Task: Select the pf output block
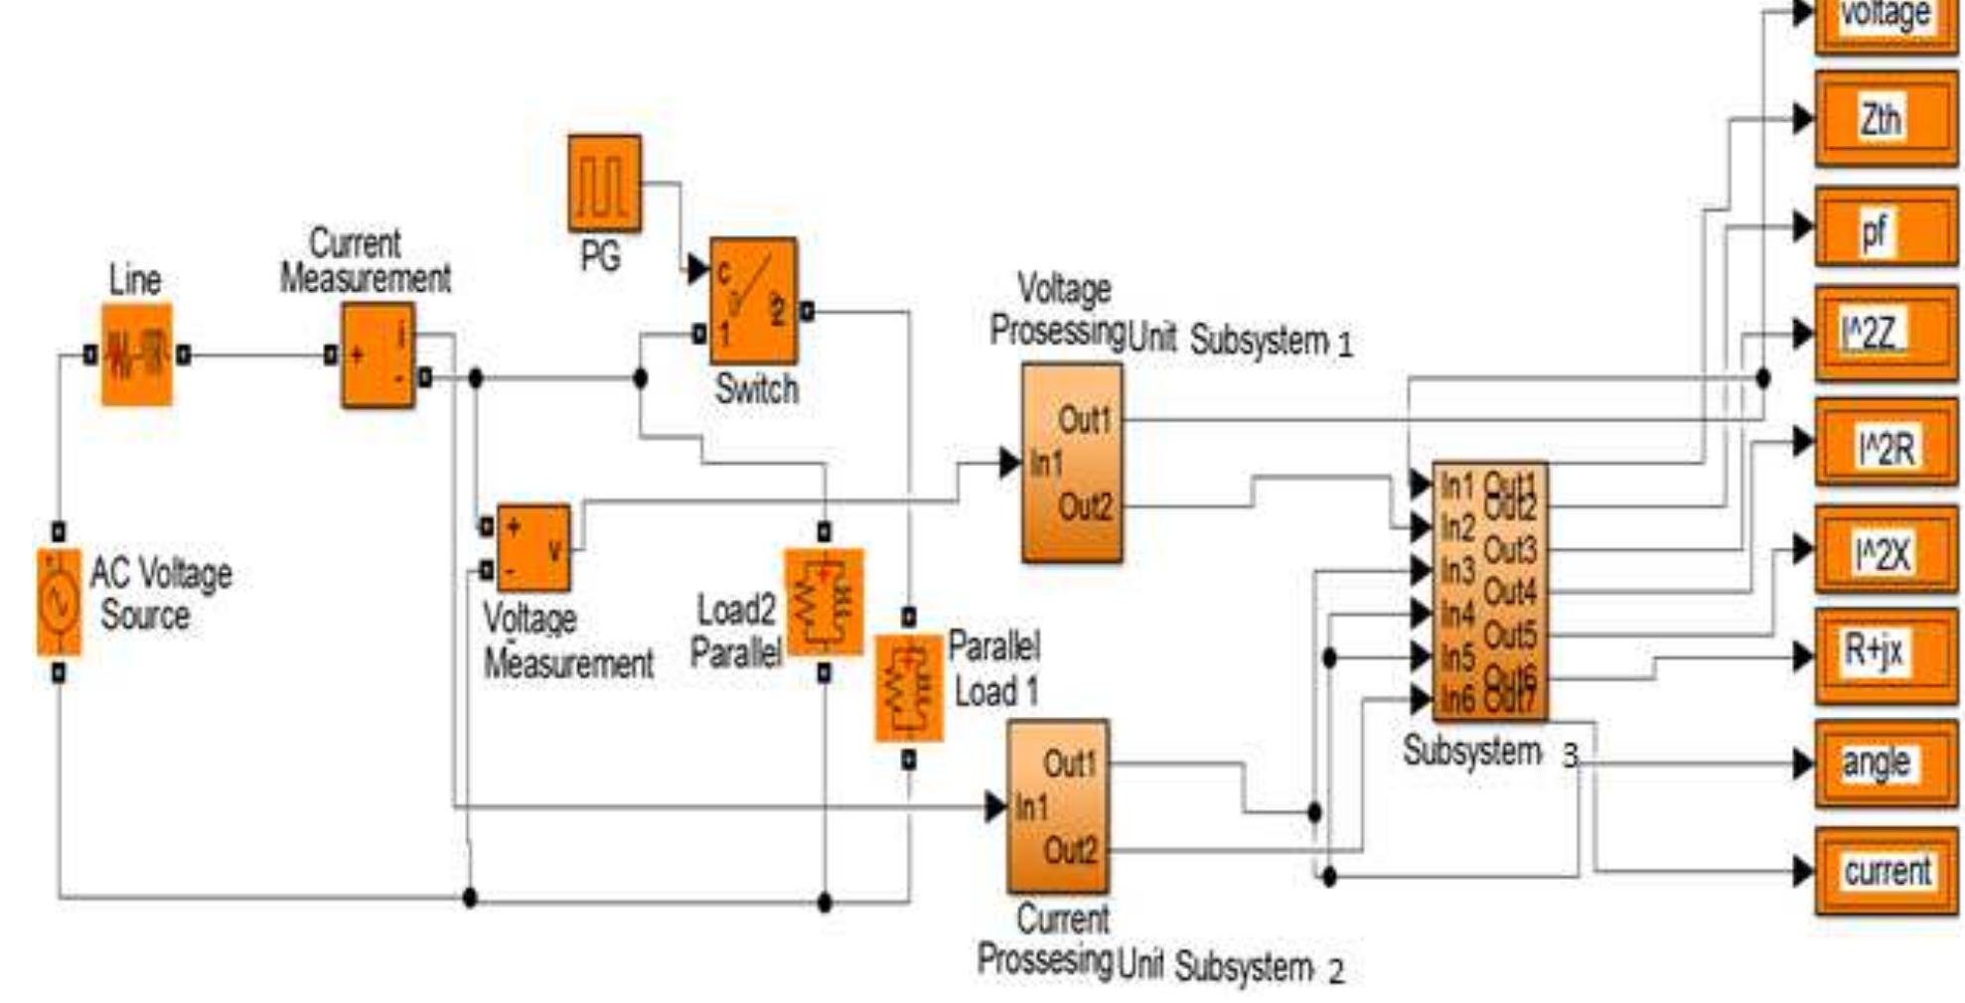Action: click(x=1885, y=228)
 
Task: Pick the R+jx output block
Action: click(x=1885, y=654)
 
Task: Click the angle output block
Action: click(x=1885, y=764)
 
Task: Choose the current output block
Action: click(x=1885, y=871)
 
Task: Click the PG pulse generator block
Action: click(x=604, y=184)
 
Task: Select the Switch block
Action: click(x=753, y=301)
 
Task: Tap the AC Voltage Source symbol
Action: click(x=59, y=602)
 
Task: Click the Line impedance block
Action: click(x=136, y=355)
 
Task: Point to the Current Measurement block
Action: click(x=378, y=356)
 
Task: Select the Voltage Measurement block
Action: click(x=533, y=548)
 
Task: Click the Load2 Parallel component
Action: click(x=824, y=602)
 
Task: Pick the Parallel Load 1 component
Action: click(x=908, y=688)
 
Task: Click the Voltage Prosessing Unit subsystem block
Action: click(x=1072, y=463)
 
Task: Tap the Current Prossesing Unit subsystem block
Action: click(x=1058, y=806)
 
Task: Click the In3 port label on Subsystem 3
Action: click(x=1457, y=571)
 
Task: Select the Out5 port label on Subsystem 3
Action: click(x=1509, y=635)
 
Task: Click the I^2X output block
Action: click(x=1885, y=551)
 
